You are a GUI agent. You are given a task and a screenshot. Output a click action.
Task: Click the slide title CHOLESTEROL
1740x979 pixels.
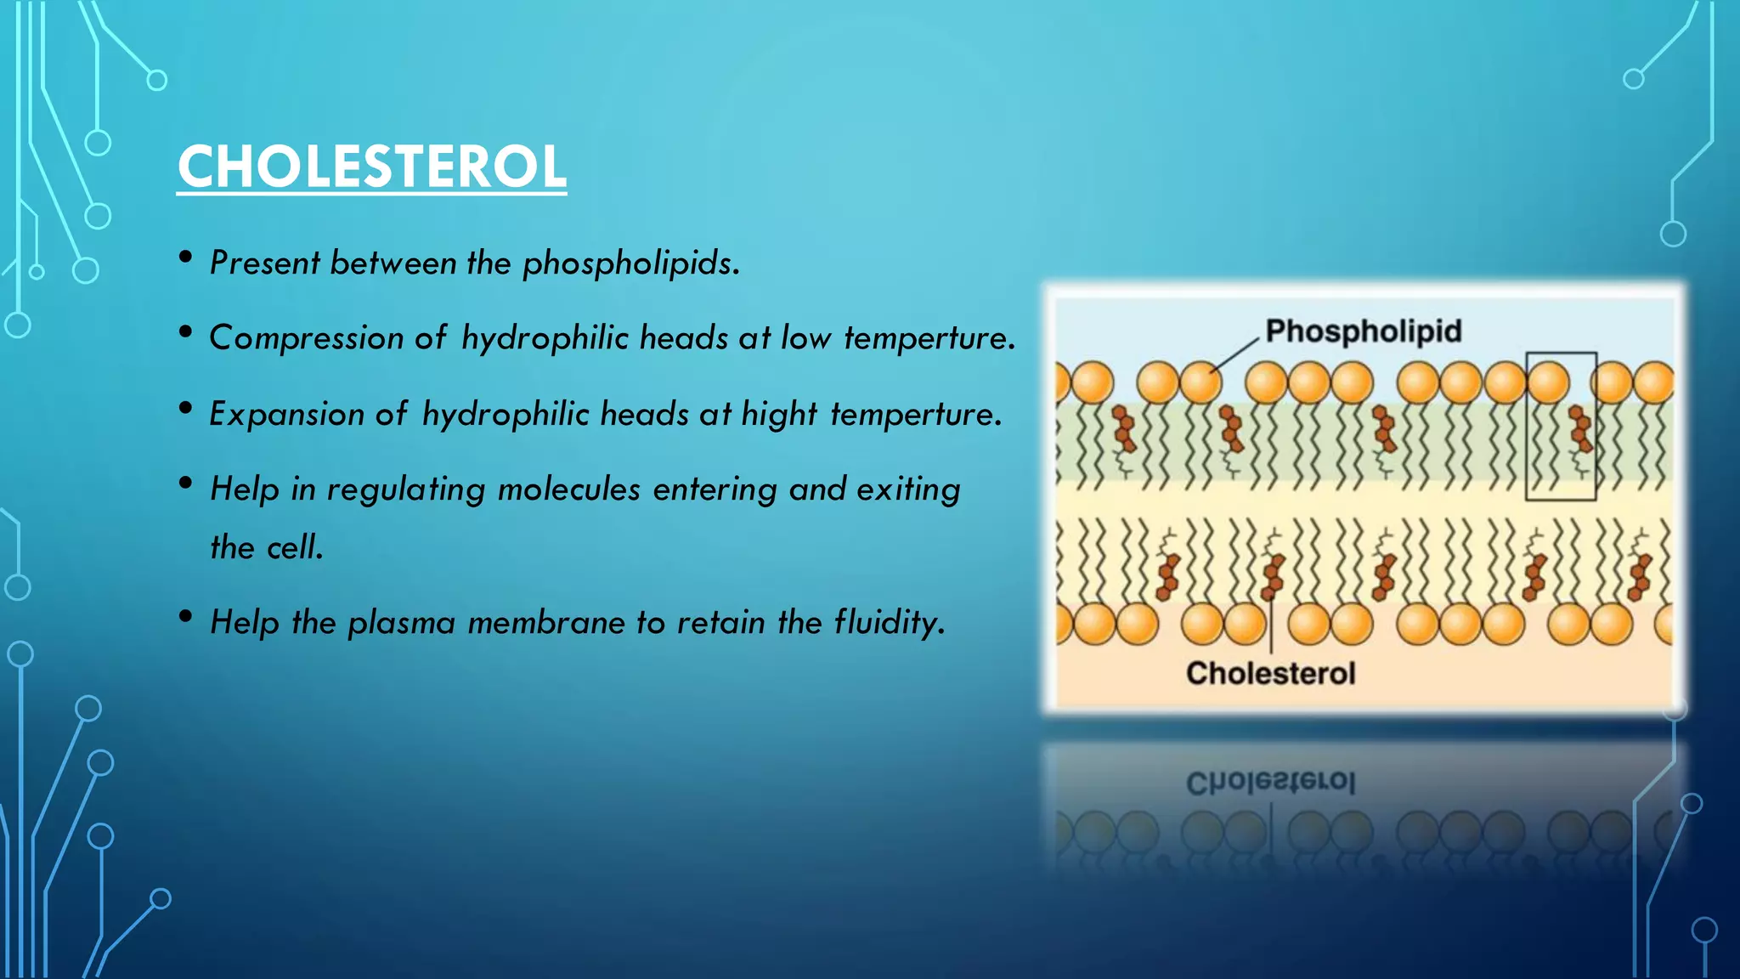point(371,167)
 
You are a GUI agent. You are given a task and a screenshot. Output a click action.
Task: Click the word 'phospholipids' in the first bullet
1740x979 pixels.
point(631,263)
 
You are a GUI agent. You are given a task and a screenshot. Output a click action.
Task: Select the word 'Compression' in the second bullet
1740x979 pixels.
point(307,338)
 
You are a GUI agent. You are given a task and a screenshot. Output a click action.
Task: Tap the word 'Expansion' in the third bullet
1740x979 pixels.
point(287,415)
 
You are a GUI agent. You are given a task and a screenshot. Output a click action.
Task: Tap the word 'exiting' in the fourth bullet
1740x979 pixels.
point(908,490)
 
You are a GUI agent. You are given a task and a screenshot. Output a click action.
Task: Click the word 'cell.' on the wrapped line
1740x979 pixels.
point(296,548)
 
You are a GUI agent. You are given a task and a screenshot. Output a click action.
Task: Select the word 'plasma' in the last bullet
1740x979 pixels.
point(402,624)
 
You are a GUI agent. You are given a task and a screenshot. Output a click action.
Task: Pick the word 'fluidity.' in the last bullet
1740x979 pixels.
point(890,623)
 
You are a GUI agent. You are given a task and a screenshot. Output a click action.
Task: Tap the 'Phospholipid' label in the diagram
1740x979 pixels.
point(1364,331)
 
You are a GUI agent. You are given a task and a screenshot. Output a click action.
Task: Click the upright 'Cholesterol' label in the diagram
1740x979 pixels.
point(1270,673)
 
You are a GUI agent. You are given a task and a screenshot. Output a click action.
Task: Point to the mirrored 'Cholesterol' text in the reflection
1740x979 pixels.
point(1270,783)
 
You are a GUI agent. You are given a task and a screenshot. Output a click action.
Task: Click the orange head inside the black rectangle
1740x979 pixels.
point(1548,382)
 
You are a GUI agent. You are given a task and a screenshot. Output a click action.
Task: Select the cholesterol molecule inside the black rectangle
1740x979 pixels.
point(1580,430)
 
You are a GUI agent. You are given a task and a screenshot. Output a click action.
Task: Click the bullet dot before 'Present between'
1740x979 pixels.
point(186,257)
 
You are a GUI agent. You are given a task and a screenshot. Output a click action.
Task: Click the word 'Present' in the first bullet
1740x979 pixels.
point(264,263)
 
